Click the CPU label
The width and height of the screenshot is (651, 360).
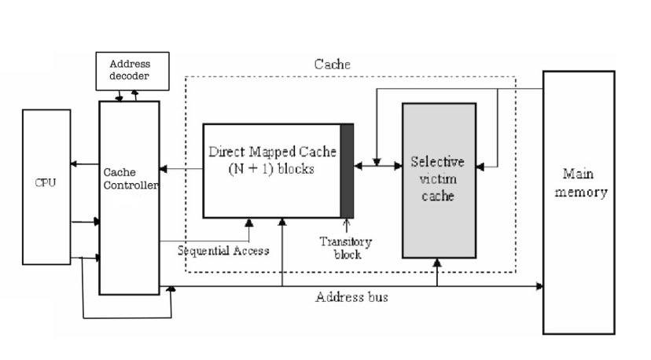[x=46, y=182]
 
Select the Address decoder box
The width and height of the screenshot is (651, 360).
[x=130, y=70]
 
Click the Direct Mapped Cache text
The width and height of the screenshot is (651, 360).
[x=271, y=149]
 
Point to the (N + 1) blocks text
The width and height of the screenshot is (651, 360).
[x=271, y=167]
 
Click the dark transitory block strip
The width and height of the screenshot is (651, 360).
[x=347, y=170]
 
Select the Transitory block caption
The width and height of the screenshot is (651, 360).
[x=346, y=248]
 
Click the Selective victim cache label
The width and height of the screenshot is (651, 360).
[x=438, y=179]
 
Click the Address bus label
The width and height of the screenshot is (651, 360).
[x=351, y=297]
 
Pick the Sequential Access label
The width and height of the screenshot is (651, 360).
[x=223, y=251]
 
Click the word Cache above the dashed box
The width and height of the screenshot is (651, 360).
[x=333, y=64]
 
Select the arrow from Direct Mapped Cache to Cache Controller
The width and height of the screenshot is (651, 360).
[x=181, y=169]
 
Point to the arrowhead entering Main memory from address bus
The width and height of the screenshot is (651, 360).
[x=539, y=286]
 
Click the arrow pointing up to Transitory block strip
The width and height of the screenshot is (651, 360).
[x=345, y=226]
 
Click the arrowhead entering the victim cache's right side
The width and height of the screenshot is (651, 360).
[x=480, y=166]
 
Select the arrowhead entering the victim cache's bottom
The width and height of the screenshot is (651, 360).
[x=438, y=263]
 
